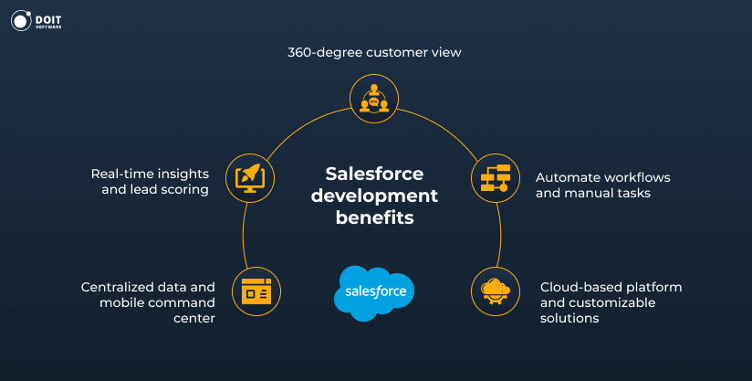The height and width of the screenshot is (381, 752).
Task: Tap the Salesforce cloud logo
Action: click(374, 292)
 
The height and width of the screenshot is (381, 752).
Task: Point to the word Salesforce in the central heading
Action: click(374, 174)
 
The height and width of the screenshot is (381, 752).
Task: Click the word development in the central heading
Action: click(374, 196)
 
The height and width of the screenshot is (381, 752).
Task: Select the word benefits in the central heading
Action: click(374, 217)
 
